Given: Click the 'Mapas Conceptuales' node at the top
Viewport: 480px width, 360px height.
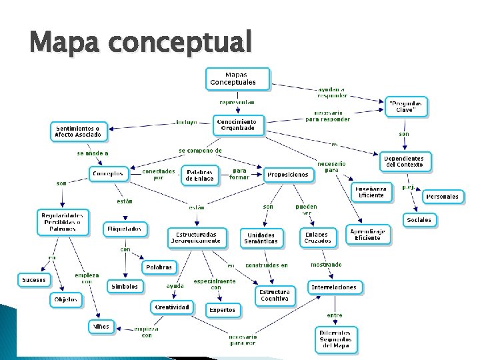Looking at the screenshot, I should (238, 79).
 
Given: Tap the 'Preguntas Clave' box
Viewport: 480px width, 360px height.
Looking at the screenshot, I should (407, 107).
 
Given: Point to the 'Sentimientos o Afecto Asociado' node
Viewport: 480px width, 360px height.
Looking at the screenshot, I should (79, 131).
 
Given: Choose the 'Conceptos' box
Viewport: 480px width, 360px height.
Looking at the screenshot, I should (108, 173).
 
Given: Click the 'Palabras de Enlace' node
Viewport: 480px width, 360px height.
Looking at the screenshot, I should (199, 175).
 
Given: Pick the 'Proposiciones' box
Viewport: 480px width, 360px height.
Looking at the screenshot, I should (288, 175).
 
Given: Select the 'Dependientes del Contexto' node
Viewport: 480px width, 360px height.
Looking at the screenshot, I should (408, 161).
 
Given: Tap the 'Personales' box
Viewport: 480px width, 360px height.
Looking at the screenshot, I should (442, 197).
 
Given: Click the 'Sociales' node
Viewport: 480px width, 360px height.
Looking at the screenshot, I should (419, 219).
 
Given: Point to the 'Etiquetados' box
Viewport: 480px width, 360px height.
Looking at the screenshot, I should (124, 229).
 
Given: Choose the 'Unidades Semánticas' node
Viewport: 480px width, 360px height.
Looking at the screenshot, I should (262, 238).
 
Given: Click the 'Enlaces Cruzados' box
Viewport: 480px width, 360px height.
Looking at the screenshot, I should (317, 237).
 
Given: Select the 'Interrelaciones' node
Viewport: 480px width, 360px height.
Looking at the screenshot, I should (334, 287).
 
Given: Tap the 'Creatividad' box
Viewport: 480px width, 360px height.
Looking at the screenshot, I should (172, 307).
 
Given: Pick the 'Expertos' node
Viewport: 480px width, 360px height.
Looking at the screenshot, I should (222, 310).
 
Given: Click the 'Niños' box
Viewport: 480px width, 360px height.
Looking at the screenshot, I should (102, 326).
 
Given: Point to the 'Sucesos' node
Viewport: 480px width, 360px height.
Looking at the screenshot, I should (33, 279).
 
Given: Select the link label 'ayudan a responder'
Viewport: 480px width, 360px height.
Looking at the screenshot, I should (331, 91).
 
